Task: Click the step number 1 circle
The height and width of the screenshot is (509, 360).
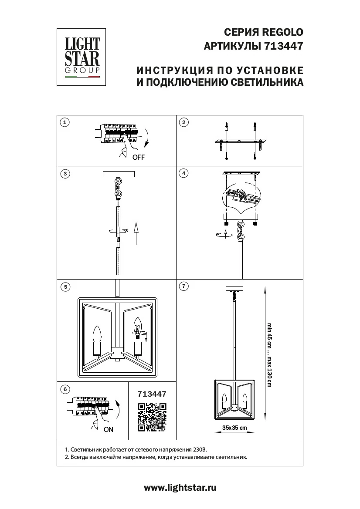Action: (x=65, y=122)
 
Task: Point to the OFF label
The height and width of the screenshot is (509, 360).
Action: (x=138, y=158)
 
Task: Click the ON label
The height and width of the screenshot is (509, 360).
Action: (x=109, y=429)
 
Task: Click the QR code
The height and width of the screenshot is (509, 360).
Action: (x=152, y=417)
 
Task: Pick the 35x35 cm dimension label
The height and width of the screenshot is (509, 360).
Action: (x=234, y=428)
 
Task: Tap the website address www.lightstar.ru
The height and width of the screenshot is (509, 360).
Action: (x=180, y=488)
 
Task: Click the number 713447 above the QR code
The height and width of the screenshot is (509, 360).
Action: (x=152, y=394)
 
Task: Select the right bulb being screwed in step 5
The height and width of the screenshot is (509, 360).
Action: (x=138, y=326)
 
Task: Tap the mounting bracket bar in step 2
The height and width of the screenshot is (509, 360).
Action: (x=241, y=142)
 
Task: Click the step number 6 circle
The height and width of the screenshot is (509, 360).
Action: (x=65, y=389)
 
